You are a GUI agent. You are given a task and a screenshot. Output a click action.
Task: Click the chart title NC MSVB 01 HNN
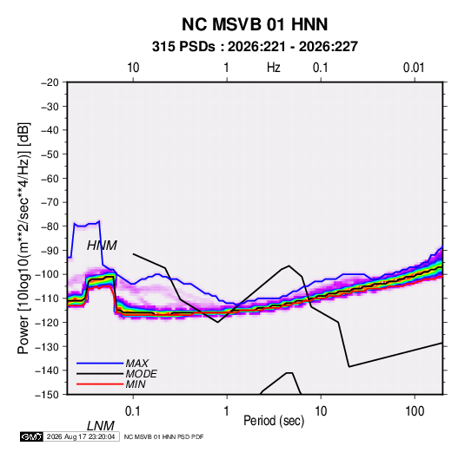click(255, 24)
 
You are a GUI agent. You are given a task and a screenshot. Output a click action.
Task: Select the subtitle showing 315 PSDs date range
click(255, 47)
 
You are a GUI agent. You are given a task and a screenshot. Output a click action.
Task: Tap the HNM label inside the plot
click(102, 246)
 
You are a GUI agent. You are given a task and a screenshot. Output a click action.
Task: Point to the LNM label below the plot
click(100, 426)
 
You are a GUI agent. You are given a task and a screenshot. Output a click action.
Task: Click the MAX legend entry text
click(136, 363)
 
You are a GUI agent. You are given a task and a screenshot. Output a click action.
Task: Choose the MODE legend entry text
click(141, 374)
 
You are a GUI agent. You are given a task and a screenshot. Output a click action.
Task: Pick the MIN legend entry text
click(136, 384)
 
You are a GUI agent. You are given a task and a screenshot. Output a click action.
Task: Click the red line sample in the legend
click(100, 384)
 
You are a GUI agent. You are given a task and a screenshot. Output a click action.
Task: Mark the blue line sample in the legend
click(100, 363)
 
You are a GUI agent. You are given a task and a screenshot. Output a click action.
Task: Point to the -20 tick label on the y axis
click(50, 82)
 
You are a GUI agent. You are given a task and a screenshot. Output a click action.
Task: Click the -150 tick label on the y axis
click(47, 395)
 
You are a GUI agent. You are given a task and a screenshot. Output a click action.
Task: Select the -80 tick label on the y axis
click(50, 226)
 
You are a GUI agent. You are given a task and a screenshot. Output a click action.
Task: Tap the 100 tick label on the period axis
click(415, 411)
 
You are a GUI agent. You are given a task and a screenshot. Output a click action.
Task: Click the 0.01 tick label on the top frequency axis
click(414, 68)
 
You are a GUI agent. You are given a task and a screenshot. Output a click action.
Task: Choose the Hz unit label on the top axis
click(274, 68)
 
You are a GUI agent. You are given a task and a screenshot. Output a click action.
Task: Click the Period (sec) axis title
click(274, 421)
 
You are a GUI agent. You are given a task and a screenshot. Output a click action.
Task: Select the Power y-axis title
click(23, 239)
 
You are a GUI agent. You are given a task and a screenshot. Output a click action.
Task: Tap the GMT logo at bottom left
click(31, 436)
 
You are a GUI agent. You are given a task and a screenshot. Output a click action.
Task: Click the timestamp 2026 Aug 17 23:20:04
click(81, 436)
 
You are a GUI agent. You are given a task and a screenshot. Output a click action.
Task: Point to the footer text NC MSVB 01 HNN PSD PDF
click(163, 436)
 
